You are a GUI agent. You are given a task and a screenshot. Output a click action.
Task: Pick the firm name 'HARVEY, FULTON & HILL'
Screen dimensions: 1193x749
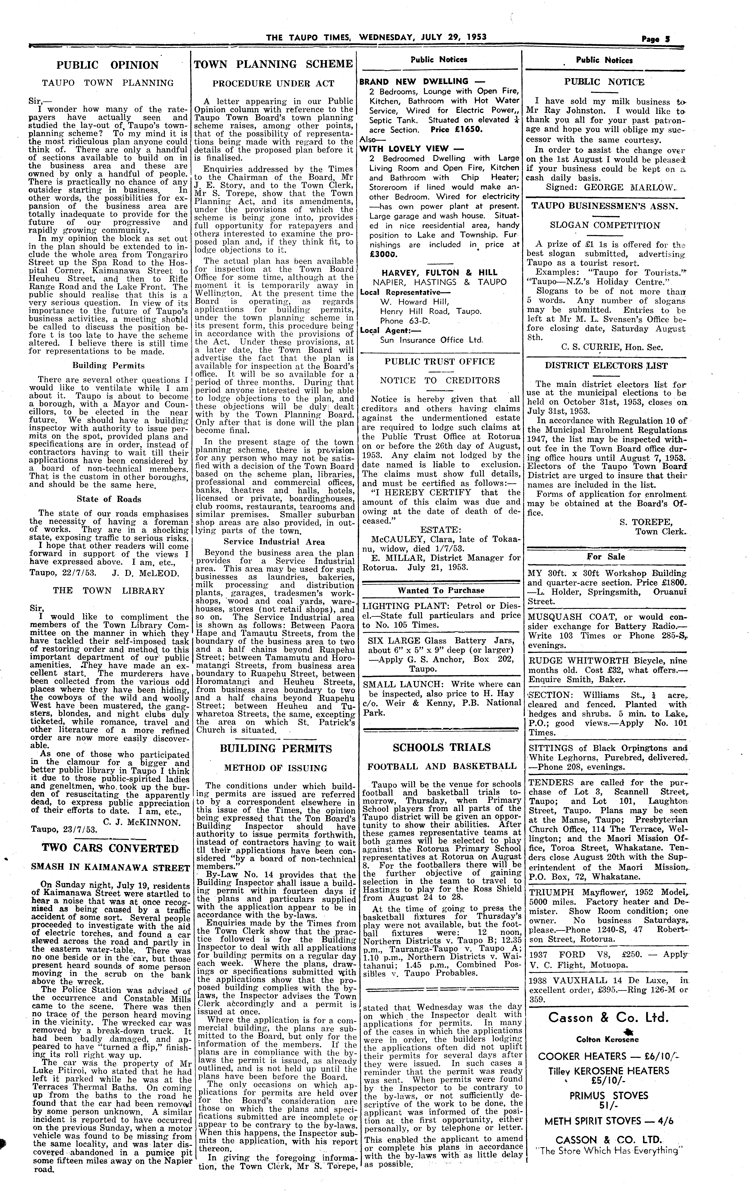(x=439, y=272)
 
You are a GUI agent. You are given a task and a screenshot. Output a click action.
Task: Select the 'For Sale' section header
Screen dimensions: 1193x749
(x=605, y=556)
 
